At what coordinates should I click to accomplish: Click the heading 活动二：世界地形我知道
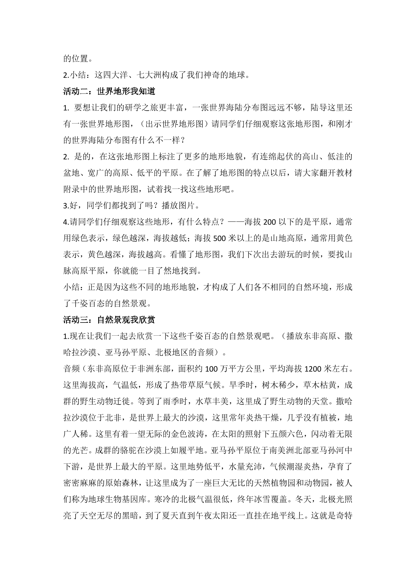pyautogui.click(x=109, y=91)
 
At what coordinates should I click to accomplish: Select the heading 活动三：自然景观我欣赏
pyautogui.click(x=109, y=320)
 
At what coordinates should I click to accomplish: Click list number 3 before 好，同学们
pyautogui.click(x=66, y=206)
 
